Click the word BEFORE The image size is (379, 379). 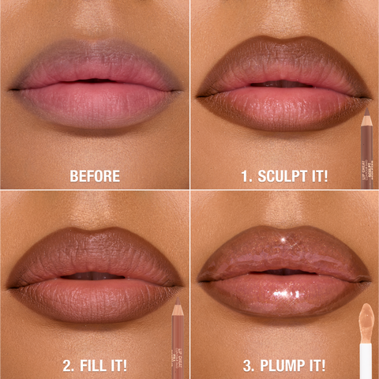pos(95,175)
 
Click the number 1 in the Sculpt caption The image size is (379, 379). pos(245,175)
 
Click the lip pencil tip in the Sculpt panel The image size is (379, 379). pos(366,112)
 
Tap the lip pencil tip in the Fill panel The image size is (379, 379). pos(176,302)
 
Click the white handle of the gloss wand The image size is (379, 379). pos(366,359)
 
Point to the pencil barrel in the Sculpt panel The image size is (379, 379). pos(366,154)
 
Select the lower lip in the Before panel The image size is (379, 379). pos(95,103)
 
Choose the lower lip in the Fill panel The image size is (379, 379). pos(95,296)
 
